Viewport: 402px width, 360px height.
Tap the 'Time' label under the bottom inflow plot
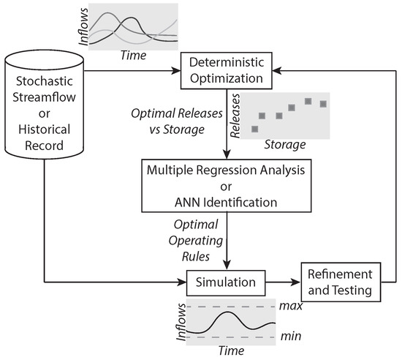(x=231, y=350)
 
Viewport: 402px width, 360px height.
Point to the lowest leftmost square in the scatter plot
(x=254, y=128)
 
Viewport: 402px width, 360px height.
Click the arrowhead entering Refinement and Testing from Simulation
(x=295, y=282)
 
